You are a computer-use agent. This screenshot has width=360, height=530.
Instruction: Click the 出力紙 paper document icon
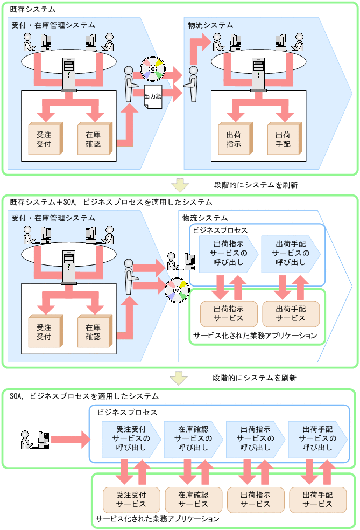coord(153,96)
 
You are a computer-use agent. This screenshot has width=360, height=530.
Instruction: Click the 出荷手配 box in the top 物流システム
coord(283,140)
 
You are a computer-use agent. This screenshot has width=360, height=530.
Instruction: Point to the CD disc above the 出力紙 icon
coord(152,68)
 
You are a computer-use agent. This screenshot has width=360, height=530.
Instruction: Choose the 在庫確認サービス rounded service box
coord(194,499)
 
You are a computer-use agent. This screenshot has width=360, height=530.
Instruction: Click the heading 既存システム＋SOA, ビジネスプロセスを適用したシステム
coord(111,202)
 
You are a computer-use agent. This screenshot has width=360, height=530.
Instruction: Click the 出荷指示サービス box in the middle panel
coord(229,313)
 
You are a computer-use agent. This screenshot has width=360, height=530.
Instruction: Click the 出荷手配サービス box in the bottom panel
coord(317,499)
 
